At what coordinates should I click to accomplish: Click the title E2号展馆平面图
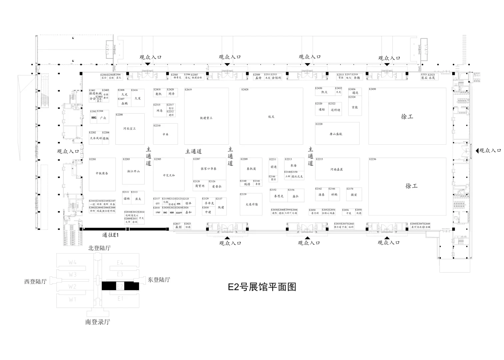coord(262,287)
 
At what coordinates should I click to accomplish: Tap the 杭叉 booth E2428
coord(271,117)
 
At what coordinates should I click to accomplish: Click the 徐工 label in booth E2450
coord(407,117)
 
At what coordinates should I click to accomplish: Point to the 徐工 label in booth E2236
coord(411,186)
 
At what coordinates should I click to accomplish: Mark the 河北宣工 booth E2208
coord(130,129)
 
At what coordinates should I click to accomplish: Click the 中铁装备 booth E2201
coord(102,173)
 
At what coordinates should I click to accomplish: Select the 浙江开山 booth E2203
coord(133,171)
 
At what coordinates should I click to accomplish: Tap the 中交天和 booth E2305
coord(169,175)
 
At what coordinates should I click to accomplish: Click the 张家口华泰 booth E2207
coord(209,169)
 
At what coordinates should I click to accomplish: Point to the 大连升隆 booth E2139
coord(252,204)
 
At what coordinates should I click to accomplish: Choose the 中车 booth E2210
coord(165,134)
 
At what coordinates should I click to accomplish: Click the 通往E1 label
coord(110,235)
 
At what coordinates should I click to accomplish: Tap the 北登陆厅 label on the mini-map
coord(99,248)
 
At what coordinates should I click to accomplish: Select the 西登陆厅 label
coord(35,281)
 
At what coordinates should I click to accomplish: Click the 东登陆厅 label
coord(159,280)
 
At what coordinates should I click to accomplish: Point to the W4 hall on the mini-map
coord(73,262)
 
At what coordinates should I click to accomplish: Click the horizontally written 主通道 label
coord(193,151)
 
